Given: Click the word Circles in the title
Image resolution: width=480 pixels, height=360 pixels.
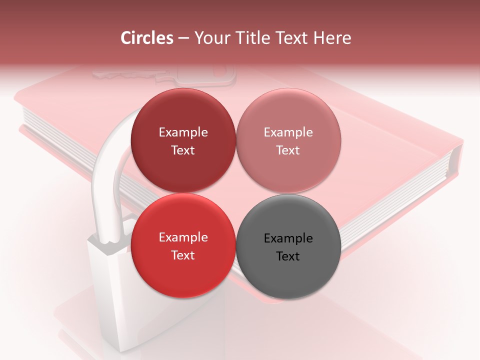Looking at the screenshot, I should point(147,38).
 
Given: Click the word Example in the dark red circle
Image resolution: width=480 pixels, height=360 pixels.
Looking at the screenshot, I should point(183,132).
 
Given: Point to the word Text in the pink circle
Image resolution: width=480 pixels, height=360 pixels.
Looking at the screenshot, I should point(288,150).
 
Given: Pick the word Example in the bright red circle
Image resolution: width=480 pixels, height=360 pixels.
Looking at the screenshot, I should point(183,237).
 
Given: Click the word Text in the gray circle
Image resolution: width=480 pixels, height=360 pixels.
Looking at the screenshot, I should point(288,256).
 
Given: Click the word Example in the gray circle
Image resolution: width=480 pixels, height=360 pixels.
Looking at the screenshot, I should point(288,238).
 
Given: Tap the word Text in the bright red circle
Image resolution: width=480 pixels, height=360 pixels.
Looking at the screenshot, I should point(183,255).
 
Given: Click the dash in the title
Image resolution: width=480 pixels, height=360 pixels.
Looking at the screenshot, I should point(183,38).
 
